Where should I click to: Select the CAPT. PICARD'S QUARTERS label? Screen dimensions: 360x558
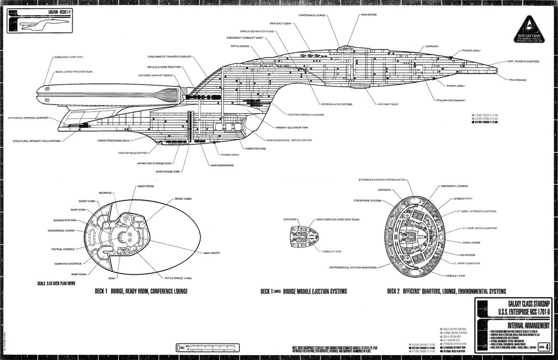click(x=523, y=62)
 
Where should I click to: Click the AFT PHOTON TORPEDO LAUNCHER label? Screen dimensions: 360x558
click(x=28, y=117)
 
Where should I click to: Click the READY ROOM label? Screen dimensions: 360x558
click(x=145, y=186)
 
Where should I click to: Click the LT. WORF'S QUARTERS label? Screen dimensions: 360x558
click(x=468, y=263)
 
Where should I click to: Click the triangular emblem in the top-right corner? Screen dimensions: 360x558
click(x=530, y=22)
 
